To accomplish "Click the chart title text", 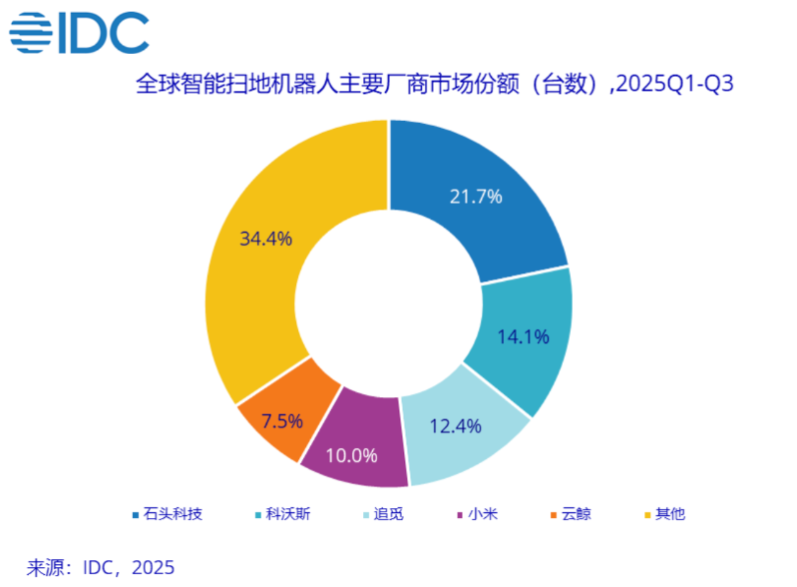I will (x=434, y=84).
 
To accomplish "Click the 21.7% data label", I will (x=474, y=196).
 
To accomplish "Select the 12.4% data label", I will (x=454, y=426).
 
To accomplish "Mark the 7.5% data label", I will (x=282, y=420).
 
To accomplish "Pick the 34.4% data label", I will (x=265, y=239).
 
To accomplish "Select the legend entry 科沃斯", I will (x=282, y=514).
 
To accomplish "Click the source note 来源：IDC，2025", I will (x=100, y=567).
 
